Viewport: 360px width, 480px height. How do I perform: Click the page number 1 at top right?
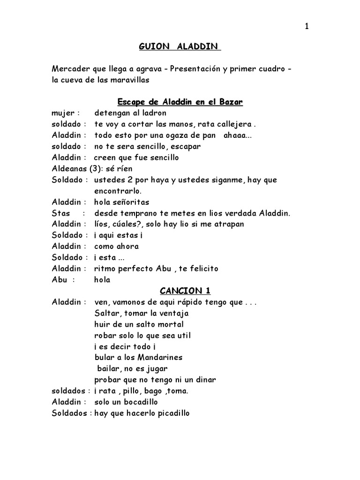point(307,27)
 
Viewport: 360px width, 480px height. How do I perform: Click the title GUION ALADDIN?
point(180,47)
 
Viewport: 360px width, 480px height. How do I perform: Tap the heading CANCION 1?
point(180,291)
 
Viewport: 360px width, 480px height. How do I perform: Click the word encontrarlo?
point(118,191)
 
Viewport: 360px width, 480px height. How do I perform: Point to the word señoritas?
point(131,202)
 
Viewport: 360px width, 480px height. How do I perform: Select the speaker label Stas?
point(61,213)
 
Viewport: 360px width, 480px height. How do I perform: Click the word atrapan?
point(228,225)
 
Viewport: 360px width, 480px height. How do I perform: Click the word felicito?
point(202,269)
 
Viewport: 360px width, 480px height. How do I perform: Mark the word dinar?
point(204,380)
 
